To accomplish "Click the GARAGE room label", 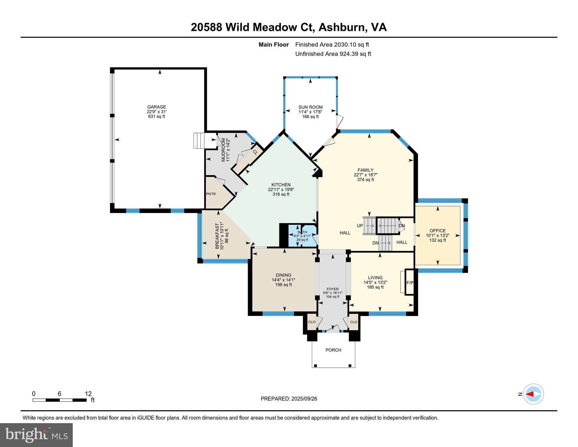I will click(x=156, y=107).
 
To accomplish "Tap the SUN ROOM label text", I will click(x=310, y=107).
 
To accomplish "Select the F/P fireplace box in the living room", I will click(x=410, y=283).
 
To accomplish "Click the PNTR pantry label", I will click(x=211, y=194).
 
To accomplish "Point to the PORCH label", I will click(x=333, y=350).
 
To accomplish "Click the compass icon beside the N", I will click(x=533, y=394).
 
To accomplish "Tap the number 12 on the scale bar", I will click(x=88, y=394).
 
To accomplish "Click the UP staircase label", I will click(x=360, y=226).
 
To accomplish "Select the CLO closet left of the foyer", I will click(x=312, y=322).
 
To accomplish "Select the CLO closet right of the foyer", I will click(x=353, y=322).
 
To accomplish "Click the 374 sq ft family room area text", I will click(x=365, y=180).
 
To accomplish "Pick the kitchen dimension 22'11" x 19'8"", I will click(x=281, y=189).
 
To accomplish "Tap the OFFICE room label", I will click(x=437, y=230).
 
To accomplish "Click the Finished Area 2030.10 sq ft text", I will click(x=332, y=45).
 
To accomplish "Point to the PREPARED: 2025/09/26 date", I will click(x=289, y=399).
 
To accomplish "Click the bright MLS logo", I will click(x=36, y=435).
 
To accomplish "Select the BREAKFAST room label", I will click(x=217, y=236).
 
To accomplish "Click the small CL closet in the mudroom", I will click(x=255, y=152).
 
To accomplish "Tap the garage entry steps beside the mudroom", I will click(x=199, y=141).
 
